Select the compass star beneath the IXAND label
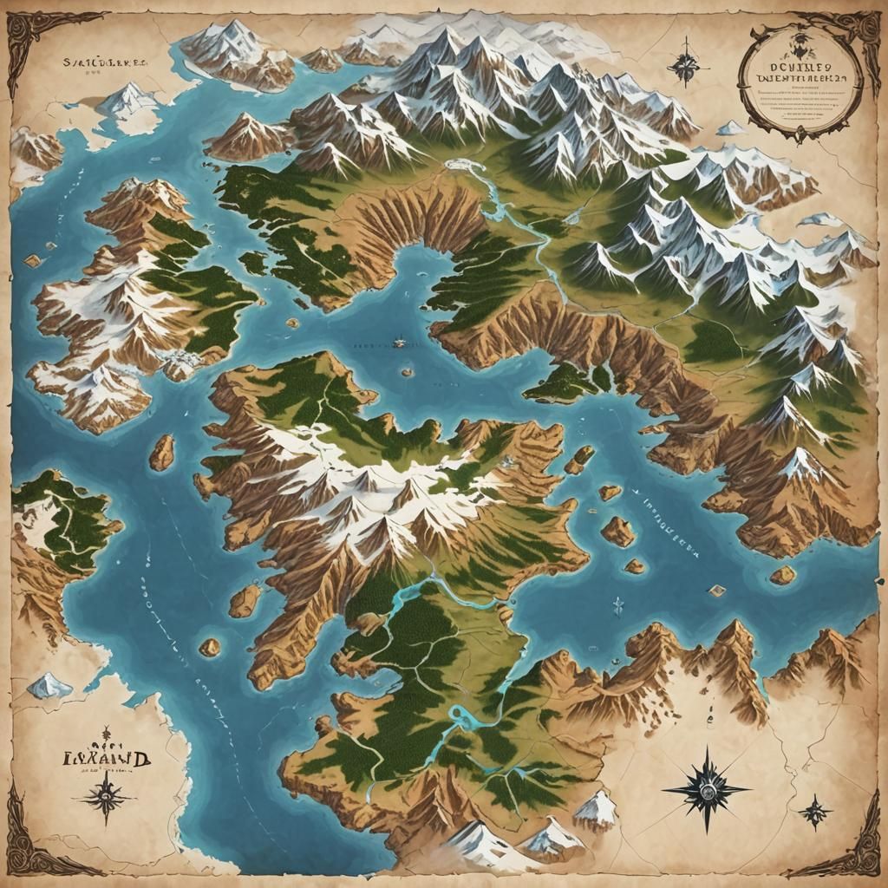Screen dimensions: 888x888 [106, 795]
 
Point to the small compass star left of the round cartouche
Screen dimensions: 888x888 [684, 62]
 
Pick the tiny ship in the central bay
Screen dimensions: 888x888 [400, 343]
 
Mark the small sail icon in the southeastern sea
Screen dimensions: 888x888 [617, 604]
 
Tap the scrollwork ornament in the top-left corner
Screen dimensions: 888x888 [35, 35]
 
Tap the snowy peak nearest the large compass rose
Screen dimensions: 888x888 [595, 808]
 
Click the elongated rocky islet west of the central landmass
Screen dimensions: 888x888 [161, 452]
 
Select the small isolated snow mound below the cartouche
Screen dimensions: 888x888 [731, 128]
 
